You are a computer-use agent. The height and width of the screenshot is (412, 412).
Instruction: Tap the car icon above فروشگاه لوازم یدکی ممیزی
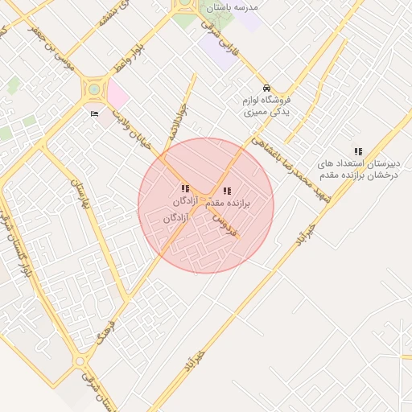tap(266, 89)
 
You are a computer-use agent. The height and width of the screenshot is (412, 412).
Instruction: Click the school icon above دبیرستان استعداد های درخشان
tap(358, 151)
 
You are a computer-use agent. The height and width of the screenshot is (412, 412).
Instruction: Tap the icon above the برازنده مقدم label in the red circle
tap(227, 192)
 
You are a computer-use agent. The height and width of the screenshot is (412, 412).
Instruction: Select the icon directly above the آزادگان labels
tap(186, 187)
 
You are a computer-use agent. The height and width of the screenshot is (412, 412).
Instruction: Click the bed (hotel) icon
tap(94, 113)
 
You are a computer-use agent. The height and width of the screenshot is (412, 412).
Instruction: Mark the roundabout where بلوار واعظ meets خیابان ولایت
tap(95, 88)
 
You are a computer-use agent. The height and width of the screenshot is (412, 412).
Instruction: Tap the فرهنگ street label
tap(105, 328)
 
